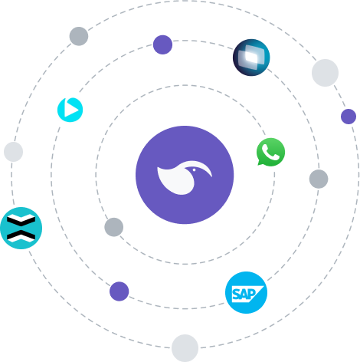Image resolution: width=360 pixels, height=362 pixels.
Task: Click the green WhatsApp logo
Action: tap(270, 152)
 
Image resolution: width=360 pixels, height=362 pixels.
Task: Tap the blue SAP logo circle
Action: tap(246, 292)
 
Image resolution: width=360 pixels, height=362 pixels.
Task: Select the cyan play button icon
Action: tap(70, 110)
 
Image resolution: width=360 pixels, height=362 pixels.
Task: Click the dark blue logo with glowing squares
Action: tap(251, 58)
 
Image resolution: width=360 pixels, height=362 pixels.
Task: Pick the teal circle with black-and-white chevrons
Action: tap(21, 228)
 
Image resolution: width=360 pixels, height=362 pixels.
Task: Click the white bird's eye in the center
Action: tap(194, 169)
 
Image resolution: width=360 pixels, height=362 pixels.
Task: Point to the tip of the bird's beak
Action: tap(211, 176)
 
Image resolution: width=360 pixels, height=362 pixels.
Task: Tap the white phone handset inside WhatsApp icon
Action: tap(270, 152)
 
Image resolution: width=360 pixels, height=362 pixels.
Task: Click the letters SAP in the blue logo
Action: tap(244, 295)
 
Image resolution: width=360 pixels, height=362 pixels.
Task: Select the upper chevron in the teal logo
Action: tap(21, 220)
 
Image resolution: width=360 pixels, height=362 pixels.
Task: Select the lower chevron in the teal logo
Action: tap(21, 236)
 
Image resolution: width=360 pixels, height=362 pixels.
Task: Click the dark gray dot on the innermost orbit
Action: tap(114, 227)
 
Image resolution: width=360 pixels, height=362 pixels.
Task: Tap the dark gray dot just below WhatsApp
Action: tap(319, 179)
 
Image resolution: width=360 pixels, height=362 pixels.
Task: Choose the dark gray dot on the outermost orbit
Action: tap(79, 36)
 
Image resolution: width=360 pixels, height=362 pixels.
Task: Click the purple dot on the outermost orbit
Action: tap(349, 117)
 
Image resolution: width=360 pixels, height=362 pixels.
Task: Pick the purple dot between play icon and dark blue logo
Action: tap(162, 44)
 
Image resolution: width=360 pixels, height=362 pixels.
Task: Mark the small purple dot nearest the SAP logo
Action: tap(119, 291)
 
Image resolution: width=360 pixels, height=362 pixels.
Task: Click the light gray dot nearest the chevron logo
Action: tap(14, 152)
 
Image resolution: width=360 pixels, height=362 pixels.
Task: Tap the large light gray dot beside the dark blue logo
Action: tap(325, 73)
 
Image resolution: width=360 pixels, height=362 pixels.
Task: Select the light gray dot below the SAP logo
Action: tap(185, 348)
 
